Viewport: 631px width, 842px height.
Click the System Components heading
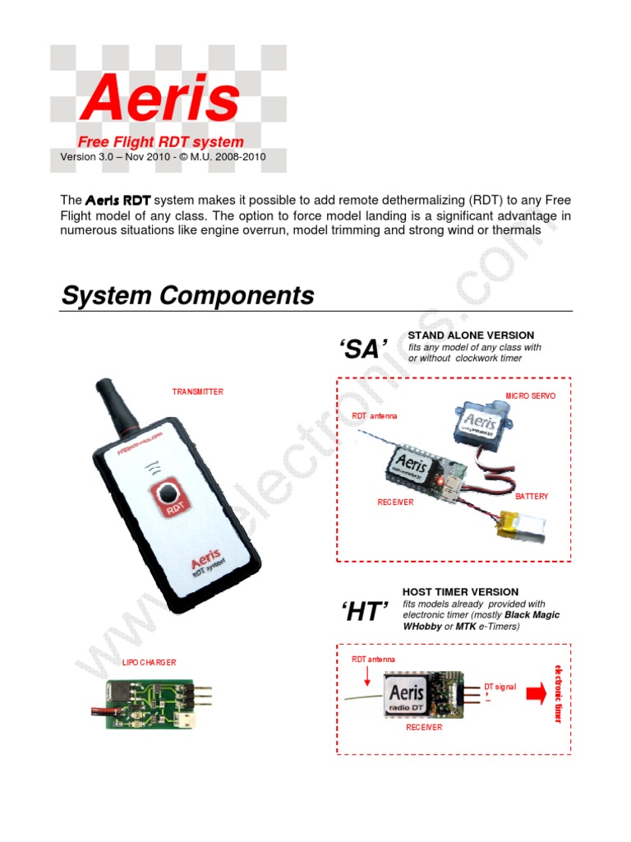click(187, 296)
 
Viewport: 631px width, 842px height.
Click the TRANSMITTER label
click(197, 392)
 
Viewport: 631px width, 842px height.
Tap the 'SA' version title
click(362, 349)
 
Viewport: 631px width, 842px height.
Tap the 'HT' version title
click(363, 612)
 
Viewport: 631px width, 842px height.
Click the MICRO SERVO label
click(530, 396)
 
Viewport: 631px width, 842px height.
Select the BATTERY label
click(531, 497)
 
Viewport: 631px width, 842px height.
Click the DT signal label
click(500, 687)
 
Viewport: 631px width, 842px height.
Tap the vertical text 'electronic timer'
click(559, 694)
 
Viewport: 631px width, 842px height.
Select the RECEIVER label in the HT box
click(424, 728)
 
